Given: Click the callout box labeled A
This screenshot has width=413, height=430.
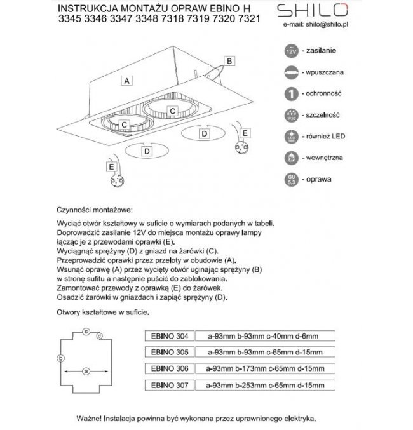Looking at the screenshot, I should pos(128,81).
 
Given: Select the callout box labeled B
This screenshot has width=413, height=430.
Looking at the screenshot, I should pos(230,60).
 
